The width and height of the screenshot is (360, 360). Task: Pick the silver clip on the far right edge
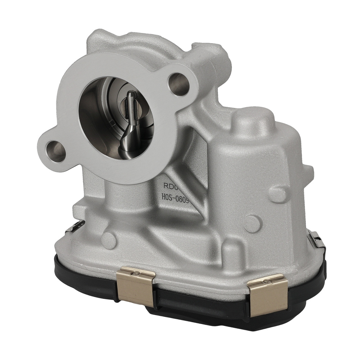pyautogui.click(x=318, y=241)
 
